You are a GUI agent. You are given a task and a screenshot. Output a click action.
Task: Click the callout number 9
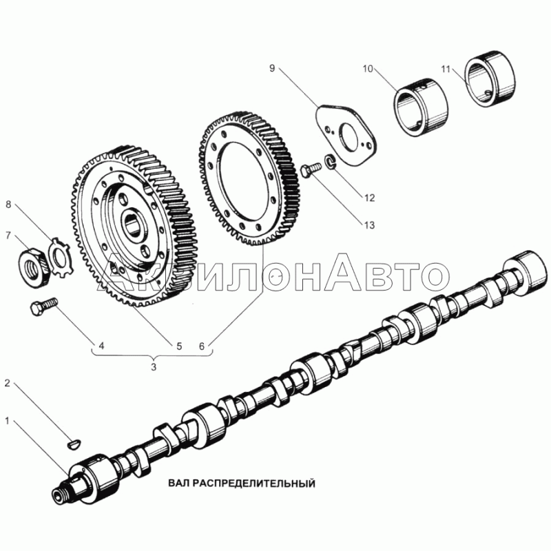tap(272, 67)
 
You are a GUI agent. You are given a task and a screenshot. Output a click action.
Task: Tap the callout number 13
tap(369, 225)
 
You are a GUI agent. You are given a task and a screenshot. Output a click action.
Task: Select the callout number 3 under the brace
tap(154, 367)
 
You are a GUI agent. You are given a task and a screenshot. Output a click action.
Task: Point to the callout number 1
tap(7, 420)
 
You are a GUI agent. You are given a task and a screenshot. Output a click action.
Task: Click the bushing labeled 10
tap(420, 107)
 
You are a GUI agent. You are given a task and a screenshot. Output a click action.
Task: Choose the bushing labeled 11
tap(491, 79)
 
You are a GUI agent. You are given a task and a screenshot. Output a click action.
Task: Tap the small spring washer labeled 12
tap(331, 161)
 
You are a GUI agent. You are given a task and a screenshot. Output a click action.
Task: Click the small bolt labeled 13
tap(311, 169)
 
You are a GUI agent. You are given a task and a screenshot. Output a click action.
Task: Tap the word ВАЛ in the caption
tap(179, 484)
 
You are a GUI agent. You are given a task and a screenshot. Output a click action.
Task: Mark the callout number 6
tap(202, 346)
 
